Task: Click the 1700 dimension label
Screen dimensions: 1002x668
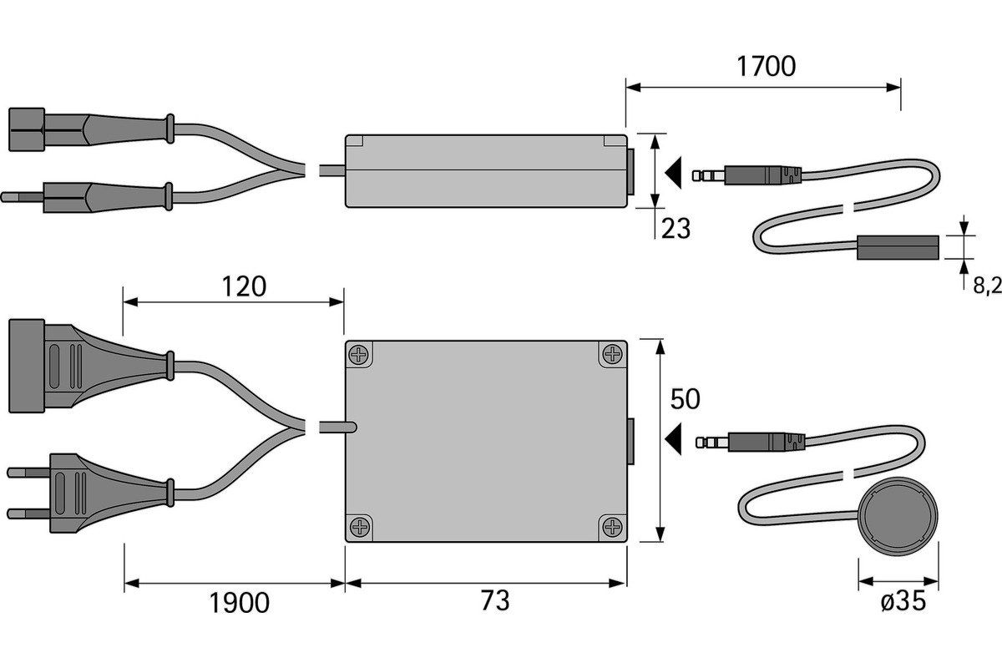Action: tap(767, 67)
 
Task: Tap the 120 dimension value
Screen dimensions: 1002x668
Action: tap(244, 286)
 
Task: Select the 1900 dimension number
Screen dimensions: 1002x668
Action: tap(240, 603)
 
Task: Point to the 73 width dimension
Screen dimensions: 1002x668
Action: tap(495, 600)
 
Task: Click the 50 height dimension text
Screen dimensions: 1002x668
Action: tap(685, 399)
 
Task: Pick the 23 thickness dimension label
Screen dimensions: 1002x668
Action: tap(676, 229)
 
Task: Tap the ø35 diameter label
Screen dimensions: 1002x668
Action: tap(903, 601)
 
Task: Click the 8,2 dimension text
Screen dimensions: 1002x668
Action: tap(988, 286)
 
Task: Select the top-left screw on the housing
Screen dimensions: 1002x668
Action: tap(359, 355)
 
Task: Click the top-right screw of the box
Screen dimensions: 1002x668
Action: tap(612, 355)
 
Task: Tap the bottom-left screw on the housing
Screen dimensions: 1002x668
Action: tap(359, 527)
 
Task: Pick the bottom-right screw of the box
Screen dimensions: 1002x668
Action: tap(612, 527)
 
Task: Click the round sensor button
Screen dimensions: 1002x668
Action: tap(898, 516)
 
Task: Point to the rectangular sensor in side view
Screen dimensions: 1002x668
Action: tap(898, 247)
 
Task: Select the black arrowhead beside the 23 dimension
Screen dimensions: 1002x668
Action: tap(673, 173)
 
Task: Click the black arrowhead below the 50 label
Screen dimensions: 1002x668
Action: tap(673, 438)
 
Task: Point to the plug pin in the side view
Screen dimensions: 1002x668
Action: tap(23, 197)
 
